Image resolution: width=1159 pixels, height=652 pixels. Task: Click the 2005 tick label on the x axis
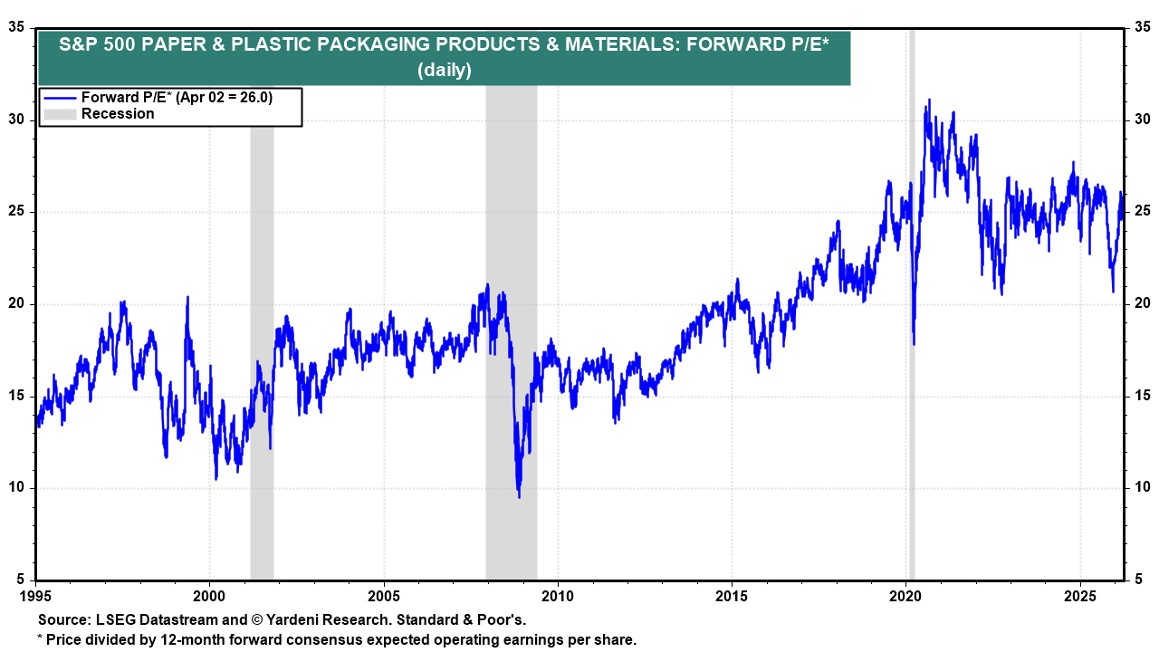(x=384, y=597)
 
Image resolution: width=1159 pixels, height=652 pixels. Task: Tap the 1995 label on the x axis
(x=35, y=597)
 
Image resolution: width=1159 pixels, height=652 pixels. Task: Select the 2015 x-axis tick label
(x=733, y=597)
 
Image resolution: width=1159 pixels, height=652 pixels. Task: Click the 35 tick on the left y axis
(x=17, y=27)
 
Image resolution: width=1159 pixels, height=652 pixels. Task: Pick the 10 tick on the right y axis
(x=1143, y=488)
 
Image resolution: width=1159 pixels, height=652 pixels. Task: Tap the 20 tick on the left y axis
(x=17, y=303)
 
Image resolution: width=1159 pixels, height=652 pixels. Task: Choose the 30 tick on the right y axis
(x=1143, y=120)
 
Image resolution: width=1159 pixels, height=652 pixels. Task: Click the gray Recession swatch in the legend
(x=60, y=114)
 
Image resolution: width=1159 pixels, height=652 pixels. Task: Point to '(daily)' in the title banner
(x=444, y=70)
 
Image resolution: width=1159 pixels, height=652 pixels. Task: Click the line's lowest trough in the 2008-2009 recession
(x=519, y=496)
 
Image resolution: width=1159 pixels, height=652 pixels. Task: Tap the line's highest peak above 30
(x=928, y=101)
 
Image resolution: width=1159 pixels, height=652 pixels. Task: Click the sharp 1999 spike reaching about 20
(x=187, y=298)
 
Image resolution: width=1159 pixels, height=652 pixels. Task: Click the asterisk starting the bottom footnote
(x=40, y=638)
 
